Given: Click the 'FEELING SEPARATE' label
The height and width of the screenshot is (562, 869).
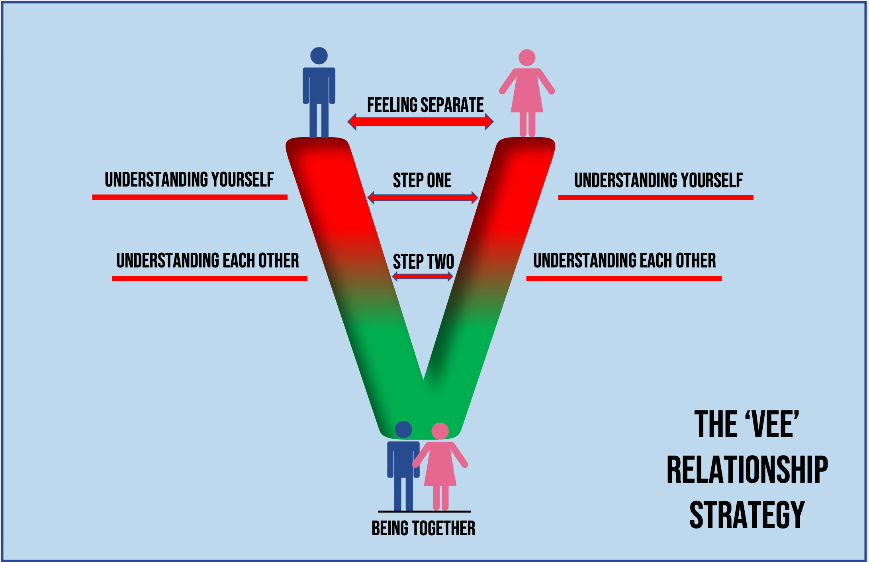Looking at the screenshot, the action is click(x=425, y=105).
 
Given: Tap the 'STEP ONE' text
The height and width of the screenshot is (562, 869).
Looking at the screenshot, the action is click(x=422, y=181).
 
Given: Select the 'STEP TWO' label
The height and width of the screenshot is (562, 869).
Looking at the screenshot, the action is click(x=423, y=262).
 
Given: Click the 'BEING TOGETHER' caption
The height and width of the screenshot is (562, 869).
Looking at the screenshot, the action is click(x=423, y=529).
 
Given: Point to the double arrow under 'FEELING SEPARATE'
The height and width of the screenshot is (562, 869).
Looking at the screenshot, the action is click(x=421, y=122).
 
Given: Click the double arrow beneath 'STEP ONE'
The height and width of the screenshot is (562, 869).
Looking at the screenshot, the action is click(x=422, y=197).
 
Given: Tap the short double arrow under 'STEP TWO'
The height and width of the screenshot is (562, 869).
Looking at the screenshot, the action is click(x=423, y=276).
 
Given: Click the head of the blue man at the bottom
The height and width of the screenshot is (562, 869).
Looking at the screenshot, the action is click(x=403, y=430).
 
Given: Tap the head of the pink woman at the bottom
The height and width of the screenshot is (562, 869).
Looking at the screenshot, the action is click(x=440, y=431).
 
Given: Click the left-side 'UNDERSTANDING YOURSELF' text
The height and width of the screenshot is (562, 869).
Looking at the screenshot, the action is click(x=189, y=180).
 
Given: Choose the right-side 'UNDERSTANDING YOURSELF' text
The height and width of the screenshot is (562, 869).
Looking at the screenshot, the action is click(x=658, y=181).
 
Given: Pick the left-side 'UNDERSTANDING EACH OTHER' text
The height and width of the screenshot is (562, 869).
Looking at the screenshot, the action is click(x=207, y=261).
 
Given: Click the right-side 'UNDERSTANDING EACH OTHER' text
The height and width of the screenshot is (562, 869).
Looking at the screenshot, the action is click(x=624, y=261).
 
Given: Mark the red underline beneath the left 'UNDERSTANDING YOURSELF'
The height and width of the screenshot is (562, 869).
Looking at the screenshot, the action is click(x=190, y=197).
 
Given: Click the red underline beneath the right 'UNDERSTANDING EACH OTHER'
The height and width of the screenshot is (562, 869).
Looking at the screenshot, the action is click(x=624, y=278).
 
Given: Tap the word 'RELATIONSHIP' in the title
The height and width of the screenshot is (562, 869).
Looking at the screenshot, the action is click(x=747, y=470).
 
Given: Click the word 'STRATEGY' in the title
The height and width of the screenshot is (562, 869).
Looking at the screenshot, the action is click(x=747, y=515).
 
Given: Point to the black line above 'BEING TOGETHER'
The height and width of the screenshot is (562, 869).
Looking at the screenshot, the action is click(x=424, y=511).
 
